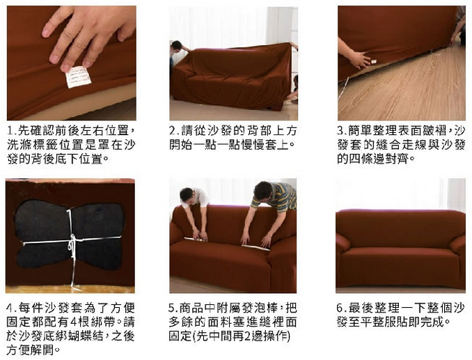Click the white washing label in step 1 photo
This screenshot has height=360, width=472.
point(78,77)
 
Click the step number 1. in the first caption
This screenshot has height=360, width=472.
point(12,131)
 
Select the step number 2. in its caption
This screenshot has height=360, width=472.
point(174,131)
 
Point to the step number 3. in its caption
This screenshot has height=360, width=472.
point(342,131)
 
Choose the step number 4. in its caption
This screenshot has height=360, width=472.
point(11,308)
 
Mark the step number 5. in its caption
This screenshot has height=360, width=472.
point(173,308)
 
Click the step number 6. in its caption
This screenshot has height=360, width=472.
point(342,308)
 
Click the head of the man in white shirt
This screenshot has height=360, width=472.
point(187,195)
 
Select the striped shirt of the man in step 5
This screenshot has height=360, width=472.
point(276,196)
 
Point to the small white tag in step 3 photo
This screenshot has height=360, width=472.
point(374,62)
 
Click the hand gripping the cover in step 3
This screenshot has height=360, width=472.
point(360,59)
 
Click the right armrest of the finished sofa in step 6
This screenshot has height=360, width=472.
point(458,249)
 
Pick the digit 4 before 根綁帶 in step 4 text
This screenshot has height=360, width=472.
point(74,322)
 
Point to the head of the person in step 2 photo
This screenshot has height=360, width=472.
point(176,46)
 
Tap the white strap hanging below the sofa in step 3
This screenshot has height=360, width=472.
point(343,88)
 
